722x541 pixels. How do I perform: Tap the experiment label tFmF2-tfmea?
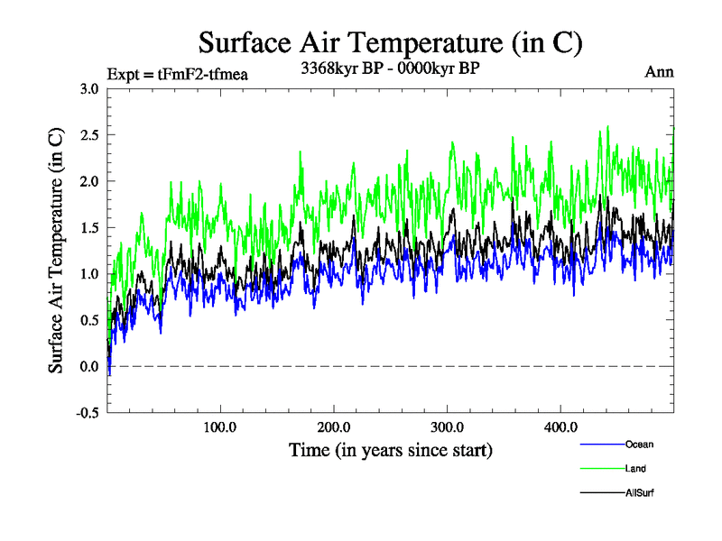(x=177, y=73)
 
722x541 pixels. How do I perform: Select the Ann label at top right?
(x=659, y=72)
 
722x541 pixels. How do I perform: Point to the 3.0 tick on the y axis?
(x=88, y=88)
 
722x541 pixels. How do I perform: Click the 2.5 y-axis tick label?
(x=88, y=134)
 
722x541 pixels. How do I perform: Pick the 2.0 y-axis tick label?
(x=88, y=181)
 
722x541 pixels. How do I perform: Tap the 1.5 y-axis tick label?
(x=88, y=227)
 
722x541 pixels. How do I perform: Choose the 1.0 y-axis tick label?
(x=88, y=274)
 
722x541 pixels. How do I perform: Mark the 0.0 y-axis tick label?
(x=88, y=366)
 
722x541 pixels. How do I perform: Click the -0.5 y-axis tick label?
(x=87, y=413)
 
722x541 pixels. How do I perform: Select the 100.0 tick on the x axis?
(x=220, y=426)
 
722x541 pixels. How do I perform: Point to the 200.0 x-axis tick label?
(x=334, y=426)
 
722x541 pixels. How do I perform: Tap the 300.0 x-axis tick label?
(x=448, y=426)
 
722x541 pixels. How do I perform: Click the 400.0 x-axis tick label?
(x=561, y=426)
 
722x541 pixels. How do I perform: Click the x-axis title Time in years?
(x=391, y=448)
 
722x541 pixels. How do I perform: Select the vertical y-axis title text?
(x=56, y=251)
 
